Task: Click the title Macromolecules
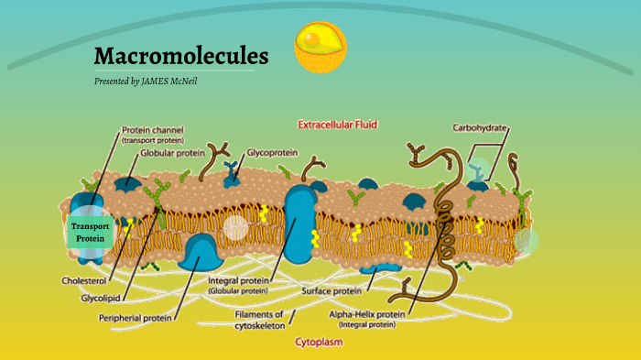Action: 181,57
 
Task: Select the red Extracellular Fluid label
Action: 338,124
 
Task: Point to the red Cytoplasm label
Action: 320,342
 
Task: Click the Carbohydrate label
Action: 480,128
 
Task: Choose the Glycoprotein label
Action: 273,153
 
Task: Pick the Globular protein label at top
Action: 172,153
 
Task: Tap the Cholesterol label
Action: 84,280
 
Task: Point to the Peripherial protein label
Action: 136,318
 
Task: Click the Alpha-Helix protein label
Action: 366,313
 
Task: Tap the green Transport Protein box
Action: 91,232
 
